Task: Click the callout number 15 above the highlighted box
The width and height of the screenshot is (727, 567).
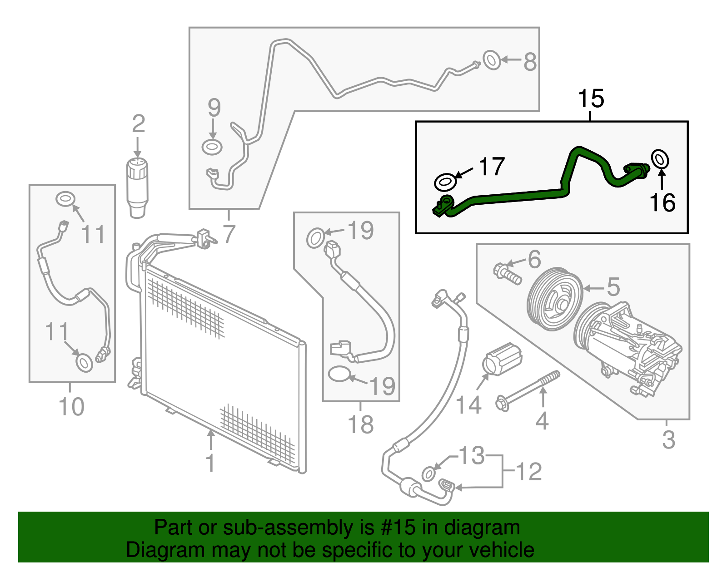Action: (591, 99)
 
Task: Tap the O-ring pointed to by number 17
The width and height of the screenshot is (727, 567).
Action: (445, 182)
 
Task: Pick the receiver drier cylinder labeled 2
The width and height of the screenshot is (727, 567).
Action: (137, 186)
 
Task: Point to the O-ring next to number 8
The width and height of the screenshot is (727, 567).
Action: (492, 60)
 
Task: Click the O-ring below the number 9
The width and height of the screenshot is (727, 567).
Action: (212, 147)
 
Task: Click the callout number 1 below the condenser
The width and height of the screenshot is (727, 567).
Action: (210, 463)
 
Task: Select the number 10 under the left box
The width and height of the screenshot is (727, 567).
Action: (72, 407)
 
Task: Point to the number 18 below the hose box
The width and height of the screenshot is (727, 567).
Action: (360, 425)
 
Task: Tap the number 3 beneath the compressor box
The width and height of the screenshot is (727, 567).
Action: (668, 439)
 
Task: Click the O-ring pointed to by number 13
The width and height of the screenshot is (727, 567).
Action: (428, 473)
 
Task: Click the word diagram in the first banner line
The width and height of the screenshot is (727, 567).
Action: (482, 528)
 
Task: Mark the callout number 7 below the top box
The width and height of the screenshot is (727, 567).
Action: (229, 234)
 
